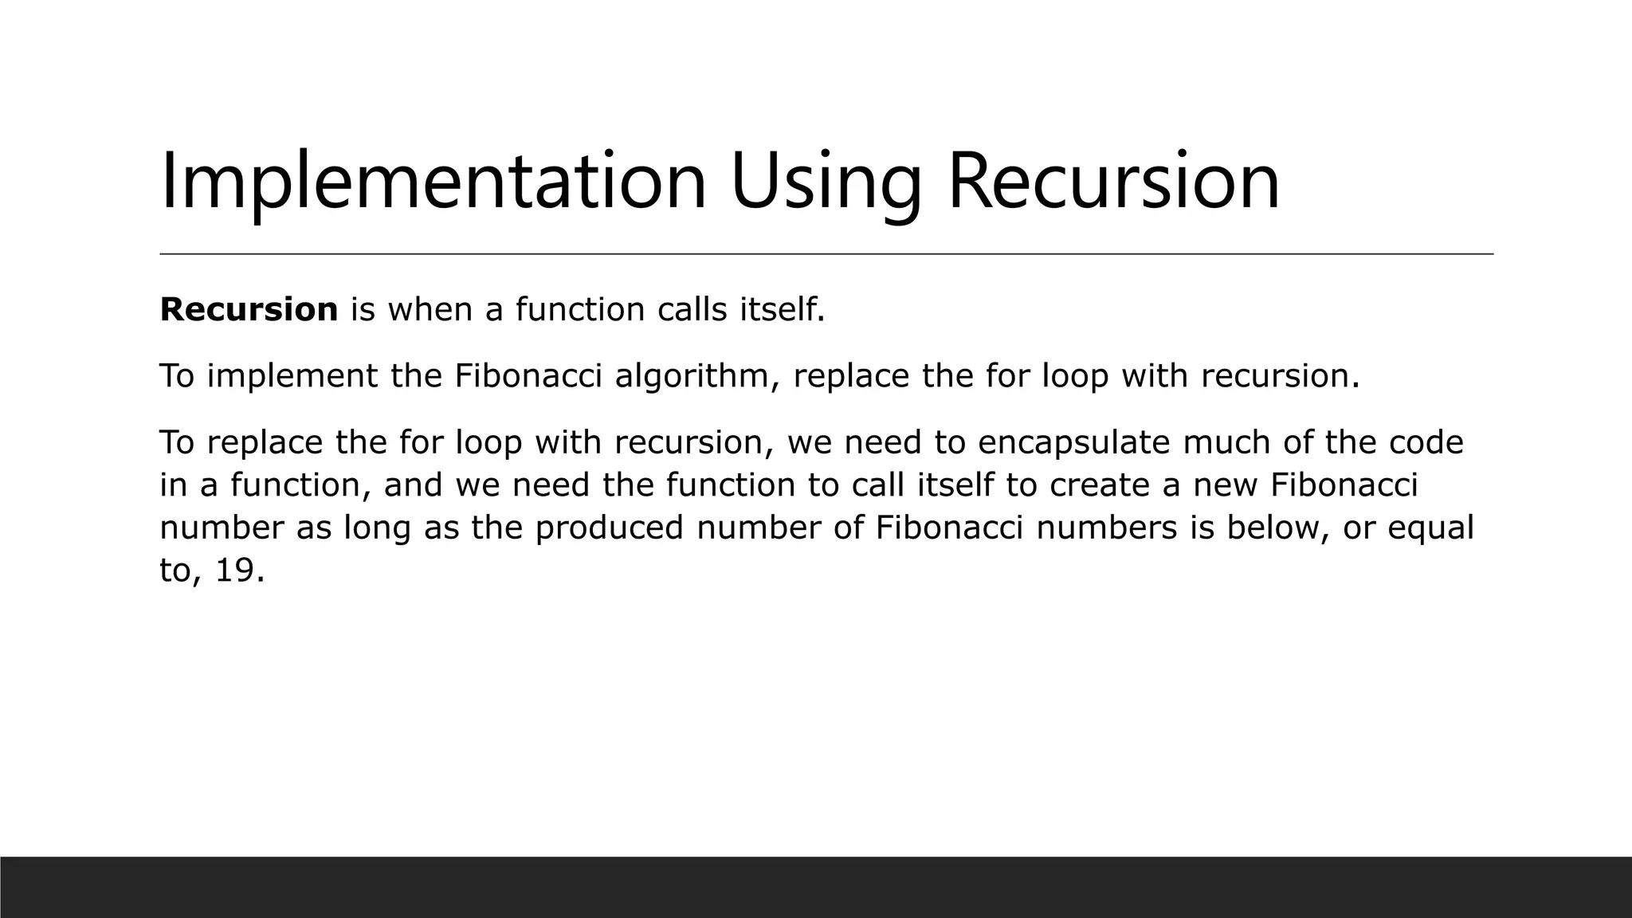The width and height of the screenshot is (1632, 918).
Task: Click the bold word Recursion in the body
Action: [x=249, y=309]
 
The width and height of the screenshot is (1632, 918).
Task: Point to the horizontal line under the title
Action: [x=826, y=253]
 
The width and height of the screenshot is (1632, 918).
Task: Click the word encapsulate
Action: [x=1073, y=443]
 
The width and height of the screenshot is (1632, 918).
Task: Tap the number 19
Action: [x=238, y=571]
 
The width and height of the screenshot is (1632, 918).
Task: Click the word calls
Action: [x=692, y=309]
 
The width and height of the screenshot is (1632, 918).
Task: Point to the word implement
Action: [x=292, y=376]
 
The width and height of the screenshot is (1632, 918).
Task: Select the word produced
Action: [x=609, y=528]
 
